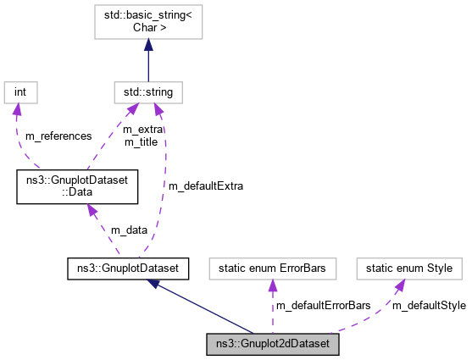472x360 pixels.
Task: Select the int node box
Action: pos(21,90)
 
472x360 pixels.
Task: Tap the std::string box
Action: pos(148,90)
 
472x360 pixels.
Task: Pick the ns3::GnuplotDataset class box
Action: pos(126,269)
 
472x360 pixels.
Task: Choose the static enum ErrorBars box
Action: pos(272,269)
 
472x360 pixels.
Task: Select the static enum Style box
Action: pos(408,269)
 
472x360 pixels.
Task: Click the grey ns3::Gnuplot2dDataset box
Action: pos(273,344)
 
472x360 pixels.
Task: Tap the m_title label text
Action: pos(141,141)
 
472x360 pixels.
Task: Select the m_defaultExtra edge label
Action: pos(205,186)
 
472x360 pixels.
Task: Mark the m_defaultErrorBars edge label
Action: pos(324,305)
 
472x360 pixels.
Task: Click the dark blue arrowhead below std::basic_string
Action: pos(148,54)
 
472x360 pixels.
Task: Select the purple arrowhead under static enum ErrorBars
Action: pos(272,287)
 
